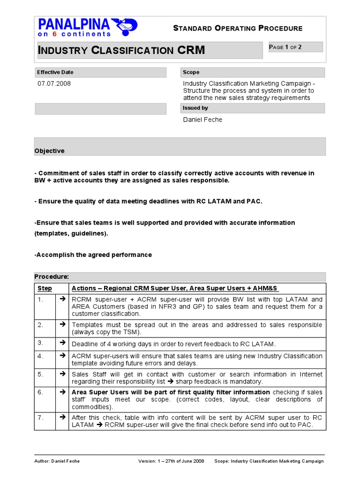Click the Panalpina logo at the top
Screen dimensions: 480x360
(88, 28)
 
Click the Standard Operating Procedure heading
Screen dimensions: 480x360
(238, 28)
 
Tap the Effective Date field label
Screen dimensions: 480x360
(55, 72)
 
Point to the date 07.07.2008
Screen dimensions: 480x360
(54, 83)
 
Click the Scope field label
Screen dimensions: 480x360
(191, 72)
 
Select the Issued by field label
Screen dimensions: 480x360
(195, 108)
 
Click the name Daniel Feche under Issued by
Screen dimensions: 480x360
(202, 120)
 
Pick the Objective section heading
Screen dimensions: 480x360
(50, 151)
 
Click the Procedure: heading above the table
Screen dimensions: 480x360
(52, 277)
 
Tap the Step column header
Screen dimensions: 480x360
(45, 288)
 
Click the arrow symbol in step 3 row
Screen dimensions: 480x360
(61, 343)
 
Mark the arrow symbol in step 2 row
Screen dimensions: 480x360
(61, 324)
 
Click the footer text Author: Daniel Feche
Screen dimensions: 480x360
(57, 461)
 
